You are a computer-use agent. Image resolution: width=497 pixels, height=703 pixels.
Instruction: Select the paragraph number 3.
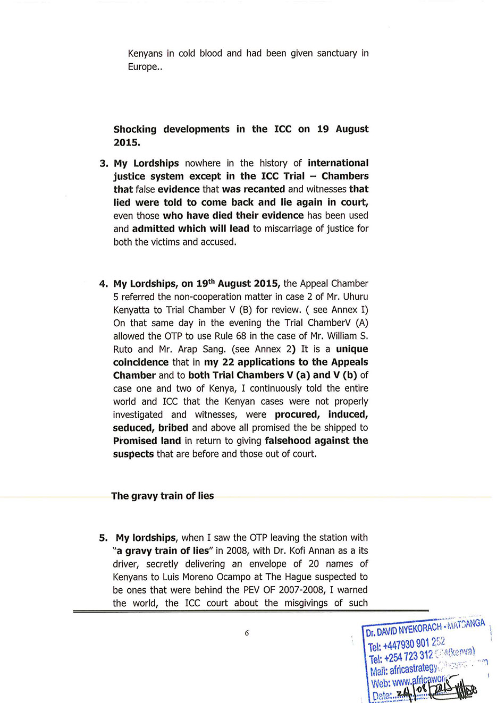[x=104, y=163]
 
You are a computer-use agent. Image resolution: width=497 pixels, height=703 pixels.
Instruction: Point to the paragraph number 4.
[x=103, y=284]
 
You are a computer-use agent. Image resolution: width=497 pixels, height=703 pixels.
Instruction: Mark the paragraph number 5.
[x=103, y=538]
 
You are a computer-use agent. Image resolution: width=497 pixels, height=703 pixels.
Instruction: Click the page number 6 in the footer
[x=247, y=633]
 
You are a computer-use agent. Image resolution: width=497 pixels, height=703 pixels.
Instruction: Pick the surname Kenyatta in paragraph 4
[x=131, y=310]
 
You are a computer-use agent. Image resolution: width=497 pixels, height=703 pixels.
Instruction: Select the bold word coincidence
[x=141, y=362]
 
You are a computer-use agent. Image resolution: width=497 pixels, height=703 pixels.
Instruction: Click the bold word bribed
[x=173, y=428]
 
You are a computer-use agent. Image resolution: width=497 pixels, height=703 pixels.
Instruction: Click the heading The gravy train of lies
[x=162, y=496]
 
